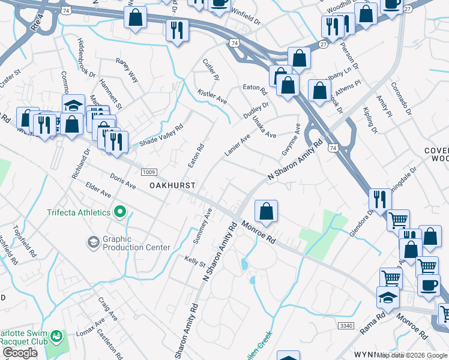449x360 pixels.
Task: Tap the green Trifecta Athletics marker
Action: point(119,212)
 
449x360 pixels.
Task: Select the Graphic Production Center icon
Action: point(93,242)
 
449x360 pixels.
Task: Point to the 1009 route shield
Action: point(149,172)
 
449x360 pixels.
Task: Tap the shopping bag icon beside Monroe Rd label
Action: point(266,211)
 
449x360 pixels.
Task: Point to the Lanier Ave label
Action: point(237,145)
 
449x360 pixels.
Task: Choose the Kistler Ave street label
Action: point(212,96)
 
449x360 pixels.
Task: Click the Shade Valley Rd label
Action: point(160,135)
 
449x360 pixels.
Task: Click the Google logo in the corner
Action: point(20,353)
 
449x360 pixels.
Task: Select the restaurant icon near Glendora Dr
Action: point(379,199)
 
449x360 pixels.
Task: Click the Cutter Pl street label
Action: point(211,70)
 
